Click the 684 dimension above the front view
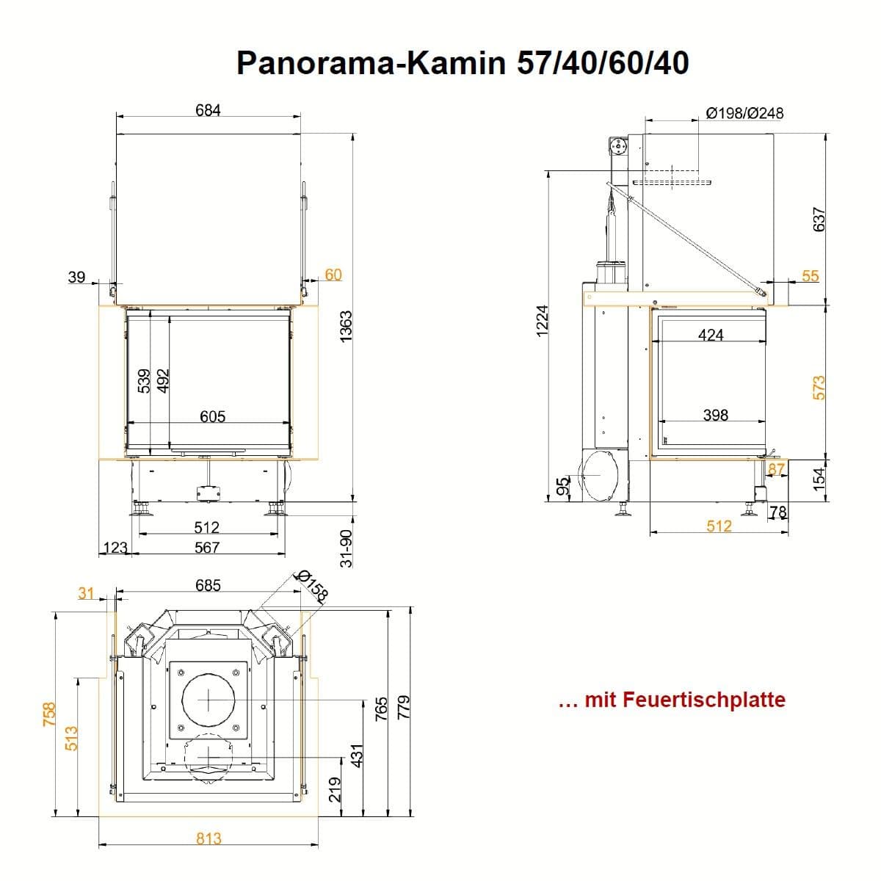pos(208,110)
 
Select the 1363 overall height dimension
pos(346,326)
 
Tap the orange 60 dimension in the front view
pos(333,275)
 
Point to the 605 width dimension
pos(213,416)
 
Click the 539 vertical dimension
pos(144,381)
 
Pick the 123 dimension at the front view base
pos(115,547)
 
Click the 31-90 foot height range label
pos(347,548)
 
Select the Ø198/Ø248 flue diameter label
pos(744,113)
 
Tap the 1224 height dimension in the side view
pos(542,322)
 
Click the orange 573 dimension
pos(819,388)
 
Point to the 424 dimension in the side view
pos(711,335)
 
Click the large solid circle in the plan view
pos(209,700)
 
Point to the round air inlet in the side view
pos(599,476)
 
